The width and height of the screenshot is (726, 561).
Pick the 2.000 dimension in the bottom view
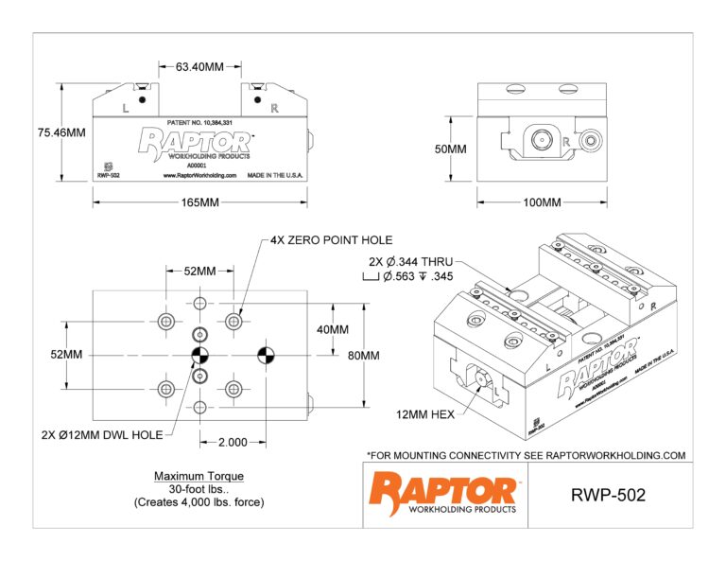pyautogui.click(x=233, y=442)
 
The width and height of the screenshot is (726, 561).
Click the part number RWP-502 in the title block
pyautogui.click(x=608, y=496)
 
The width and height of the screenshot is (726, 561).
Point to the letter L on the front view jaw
pyautogui.click(x=126, y=109)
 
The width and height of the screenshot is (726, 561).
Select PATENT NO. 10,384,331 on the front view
pyautogui.click(x=199, y=123)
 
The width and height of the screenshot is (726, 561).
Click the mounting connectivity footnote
pyautogui.click(x=525, y=455)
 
